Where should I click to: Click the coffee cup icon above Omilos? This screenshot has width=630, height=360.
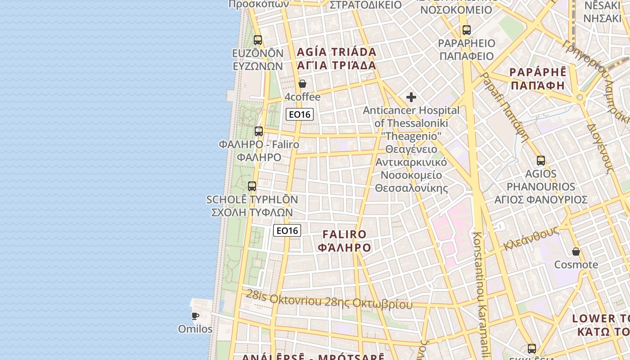coord(195,316)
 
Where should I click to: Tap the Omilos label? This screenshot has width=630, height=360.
coord(195,329)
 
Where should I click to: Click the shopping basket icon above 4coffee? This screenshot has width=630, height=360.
coord(302,84)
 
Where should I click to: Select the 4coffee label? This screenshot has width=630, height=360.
coord(302,97)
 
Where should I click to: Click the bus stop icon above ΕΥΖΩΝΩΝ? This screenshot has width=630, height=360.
coord(258,40)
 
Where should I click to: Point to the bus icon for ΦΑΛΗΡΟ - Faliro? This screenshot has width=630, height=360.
coord(259,131)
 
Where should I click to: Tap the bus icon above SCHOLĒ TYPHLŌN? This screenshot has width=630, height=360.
coord(252,186)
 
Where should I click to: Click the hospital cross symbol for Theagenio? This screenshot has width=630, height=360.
coord(411,97)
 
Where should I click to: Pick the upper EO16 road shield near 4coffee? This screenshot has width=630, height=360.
coord(299,114)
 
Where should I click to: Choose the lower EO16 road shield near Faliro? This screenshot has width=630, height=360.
coord(287,231)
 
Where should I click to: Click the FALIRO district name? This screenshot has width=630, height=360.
coord(345,234)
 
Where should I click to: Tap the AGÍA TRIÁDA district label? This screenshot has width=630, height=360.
coord(337,52)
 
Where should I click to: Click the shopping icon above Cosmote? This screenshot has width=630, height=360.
coord(576,252)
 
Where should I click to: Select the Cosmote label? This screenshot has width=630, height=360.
coord(576,265)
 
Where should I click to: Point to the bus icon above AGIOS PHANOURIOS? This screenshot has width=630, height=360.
coord(541,161)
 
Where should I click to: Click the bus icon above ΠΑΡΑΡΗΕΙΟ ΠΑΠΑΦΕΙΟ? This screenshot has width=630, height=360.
coord(467,31)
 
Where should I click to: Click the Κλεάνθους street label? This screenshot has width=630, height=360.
coord(531,239)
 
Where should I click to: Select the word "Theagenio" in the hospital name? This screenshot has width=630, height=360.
coord(411,136)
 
